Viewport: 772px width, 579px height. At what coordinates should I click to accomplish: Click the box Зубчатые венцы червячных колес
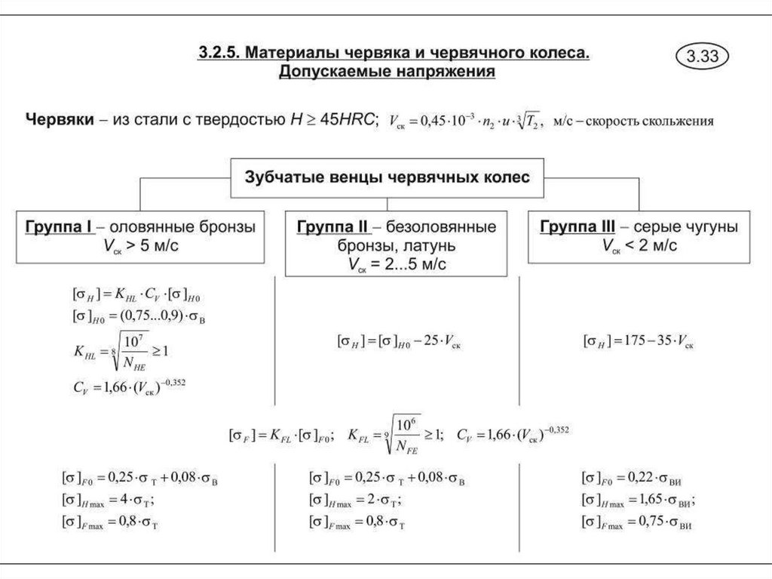(x=388, y=177)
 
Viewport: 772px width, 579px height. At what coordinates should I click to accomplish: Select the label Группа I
(x=57, y=226)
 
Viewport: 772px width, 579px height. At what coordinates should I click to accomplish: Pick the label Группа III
(x=577, y=226)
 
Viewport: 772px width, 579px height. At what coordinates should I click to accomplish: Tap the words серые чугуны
(x=685, y=226)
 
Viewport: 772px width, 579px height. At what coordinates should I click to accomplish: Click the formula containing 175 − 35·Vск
(x=638, y=341)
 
